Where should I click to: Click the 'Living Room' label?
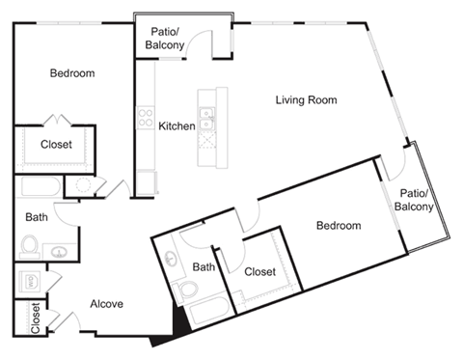[x=306, y=99]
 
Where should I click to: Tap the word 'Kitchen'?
[x=177, y=125]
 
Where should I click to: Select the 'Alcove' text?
[x=106, y=304]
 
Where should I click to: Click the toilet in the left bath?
[x=32, y=245]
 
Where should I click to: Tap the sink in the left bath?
[x=61, y=253]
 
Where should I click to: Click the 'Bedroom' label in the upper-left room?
[x=72, y=73]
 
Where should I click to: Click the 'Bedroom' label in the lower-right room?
[x=339, y=226]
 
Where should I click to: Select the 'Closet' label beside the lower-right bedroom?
[x=259, y=272]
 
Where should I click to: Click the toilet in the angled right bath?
[x=190, y=290]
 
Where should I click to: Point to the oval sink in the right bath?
[x=174, y=260]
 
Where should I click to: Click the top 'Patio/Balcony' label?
[x=166, y=37]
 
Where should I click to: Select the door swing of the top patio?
[x=203, y=43]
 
